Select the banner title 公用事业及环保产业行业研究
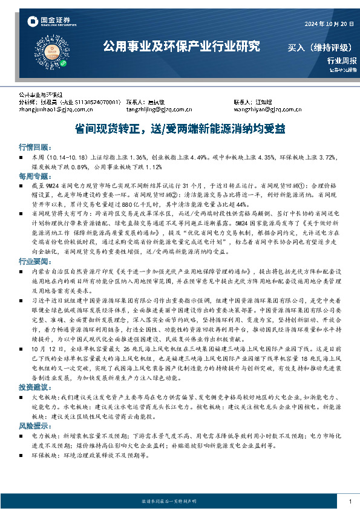182,46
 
